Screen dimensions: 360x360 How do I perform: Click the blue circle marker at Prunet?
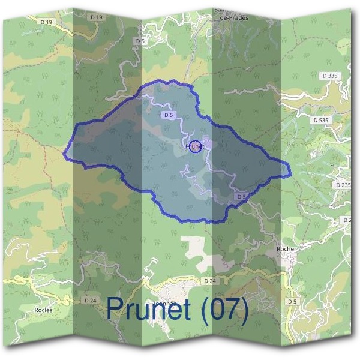194,146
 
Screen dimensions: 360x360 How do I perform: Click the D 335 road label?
329,76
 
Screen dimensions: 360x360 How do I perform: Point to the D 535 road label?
321,121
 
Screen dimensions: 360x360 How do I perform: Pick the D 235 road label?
343,185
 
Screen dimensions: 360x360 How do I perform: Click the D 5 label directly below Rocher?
292,301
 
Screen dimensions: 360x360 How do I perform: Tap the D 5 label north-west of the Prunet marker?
169,115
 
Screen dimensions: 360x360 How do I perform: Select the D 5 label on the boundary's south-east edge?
241,196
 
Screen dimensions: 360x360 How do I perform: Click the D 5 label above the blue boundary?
141,41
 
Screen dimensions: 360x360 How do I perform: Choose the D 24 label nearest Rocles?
91,300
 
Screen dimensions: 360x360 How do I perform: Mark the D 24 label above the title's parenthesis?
209,281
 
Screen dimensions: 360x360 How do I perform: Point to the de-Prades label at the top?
230,17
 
